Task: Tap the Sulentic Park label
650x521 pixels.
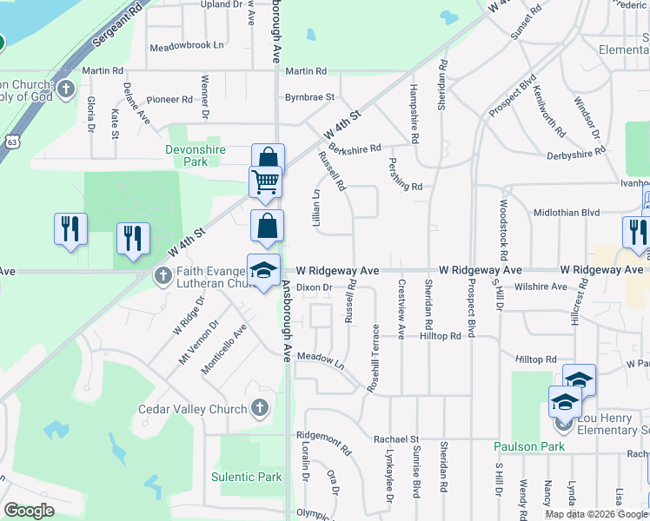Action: coord(247,477)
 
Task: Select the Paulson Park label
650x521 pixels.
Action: coord(529,446)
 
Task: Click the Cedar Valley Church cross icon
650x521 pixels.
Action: coord(259,408)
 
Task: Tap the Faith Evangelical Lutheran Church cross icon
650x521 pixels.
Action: coord(162,277)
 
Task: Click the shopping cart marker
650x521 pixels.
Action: coord(266,181)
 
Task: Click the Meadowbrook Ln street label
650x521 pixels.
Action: coord(186,45)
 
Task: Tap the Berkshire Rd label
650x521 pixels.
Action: coord(355,148)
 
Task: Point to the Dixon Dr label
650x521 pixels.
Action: coord(315,287)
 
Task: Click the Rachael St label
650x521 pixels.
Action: coord(396,439)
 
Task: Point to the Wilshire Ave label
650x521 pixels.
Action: coord(540,287)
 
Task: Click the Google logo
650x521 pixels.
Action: coord(29,511)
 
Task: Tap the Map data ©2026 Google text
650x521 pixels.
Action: coord(596,513)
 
